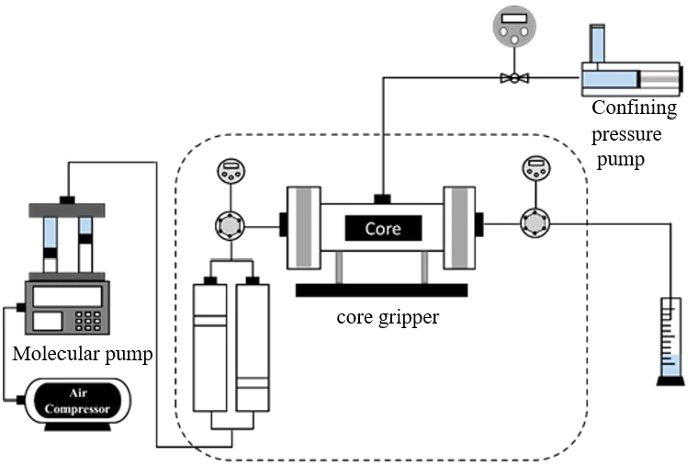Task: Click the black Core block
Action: (383, 228)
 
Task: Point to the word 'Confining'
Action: (634, 108)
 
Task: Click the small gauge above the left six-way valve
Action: (229, 171)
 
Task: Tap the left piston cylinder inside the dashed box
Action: (210, 347)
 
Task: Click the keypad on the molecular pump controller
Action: (87, 320)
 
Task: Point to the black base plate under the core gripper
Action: (381, 290)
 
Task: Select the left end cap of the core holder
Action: (304, 227)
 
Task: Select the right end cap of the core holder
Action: (459, 227)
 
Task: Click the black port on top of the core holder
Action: (381, 197)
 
